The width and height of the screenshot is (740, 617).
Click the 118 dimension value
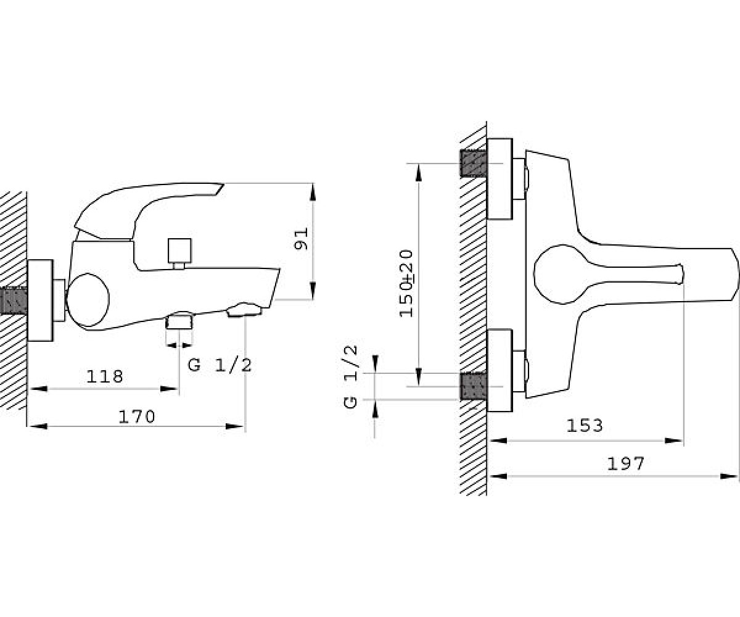tap(105, 376)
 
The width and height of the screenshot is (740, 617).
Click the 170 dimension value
tap(137, 417)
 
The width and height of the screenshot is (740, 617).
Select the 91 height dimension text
tap(302, 239)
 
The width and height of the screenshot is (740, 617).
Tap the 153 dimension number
tap(585, 426)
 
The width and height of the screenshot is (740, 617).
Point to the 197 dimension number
tap(625, 464)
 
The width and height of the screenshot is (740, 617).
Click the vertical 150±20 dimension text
tap(406, 283)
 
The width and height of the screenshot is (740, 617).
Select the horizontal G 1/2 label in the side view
tap(220, 365)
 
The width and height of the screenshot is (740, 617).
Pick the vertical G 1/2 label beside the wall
tap(350, 377)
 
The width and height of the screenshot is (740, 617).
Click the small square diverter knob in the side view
tap(179, 250)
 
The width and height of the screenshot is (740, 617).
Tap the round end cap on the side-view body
tap(88, 300)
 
